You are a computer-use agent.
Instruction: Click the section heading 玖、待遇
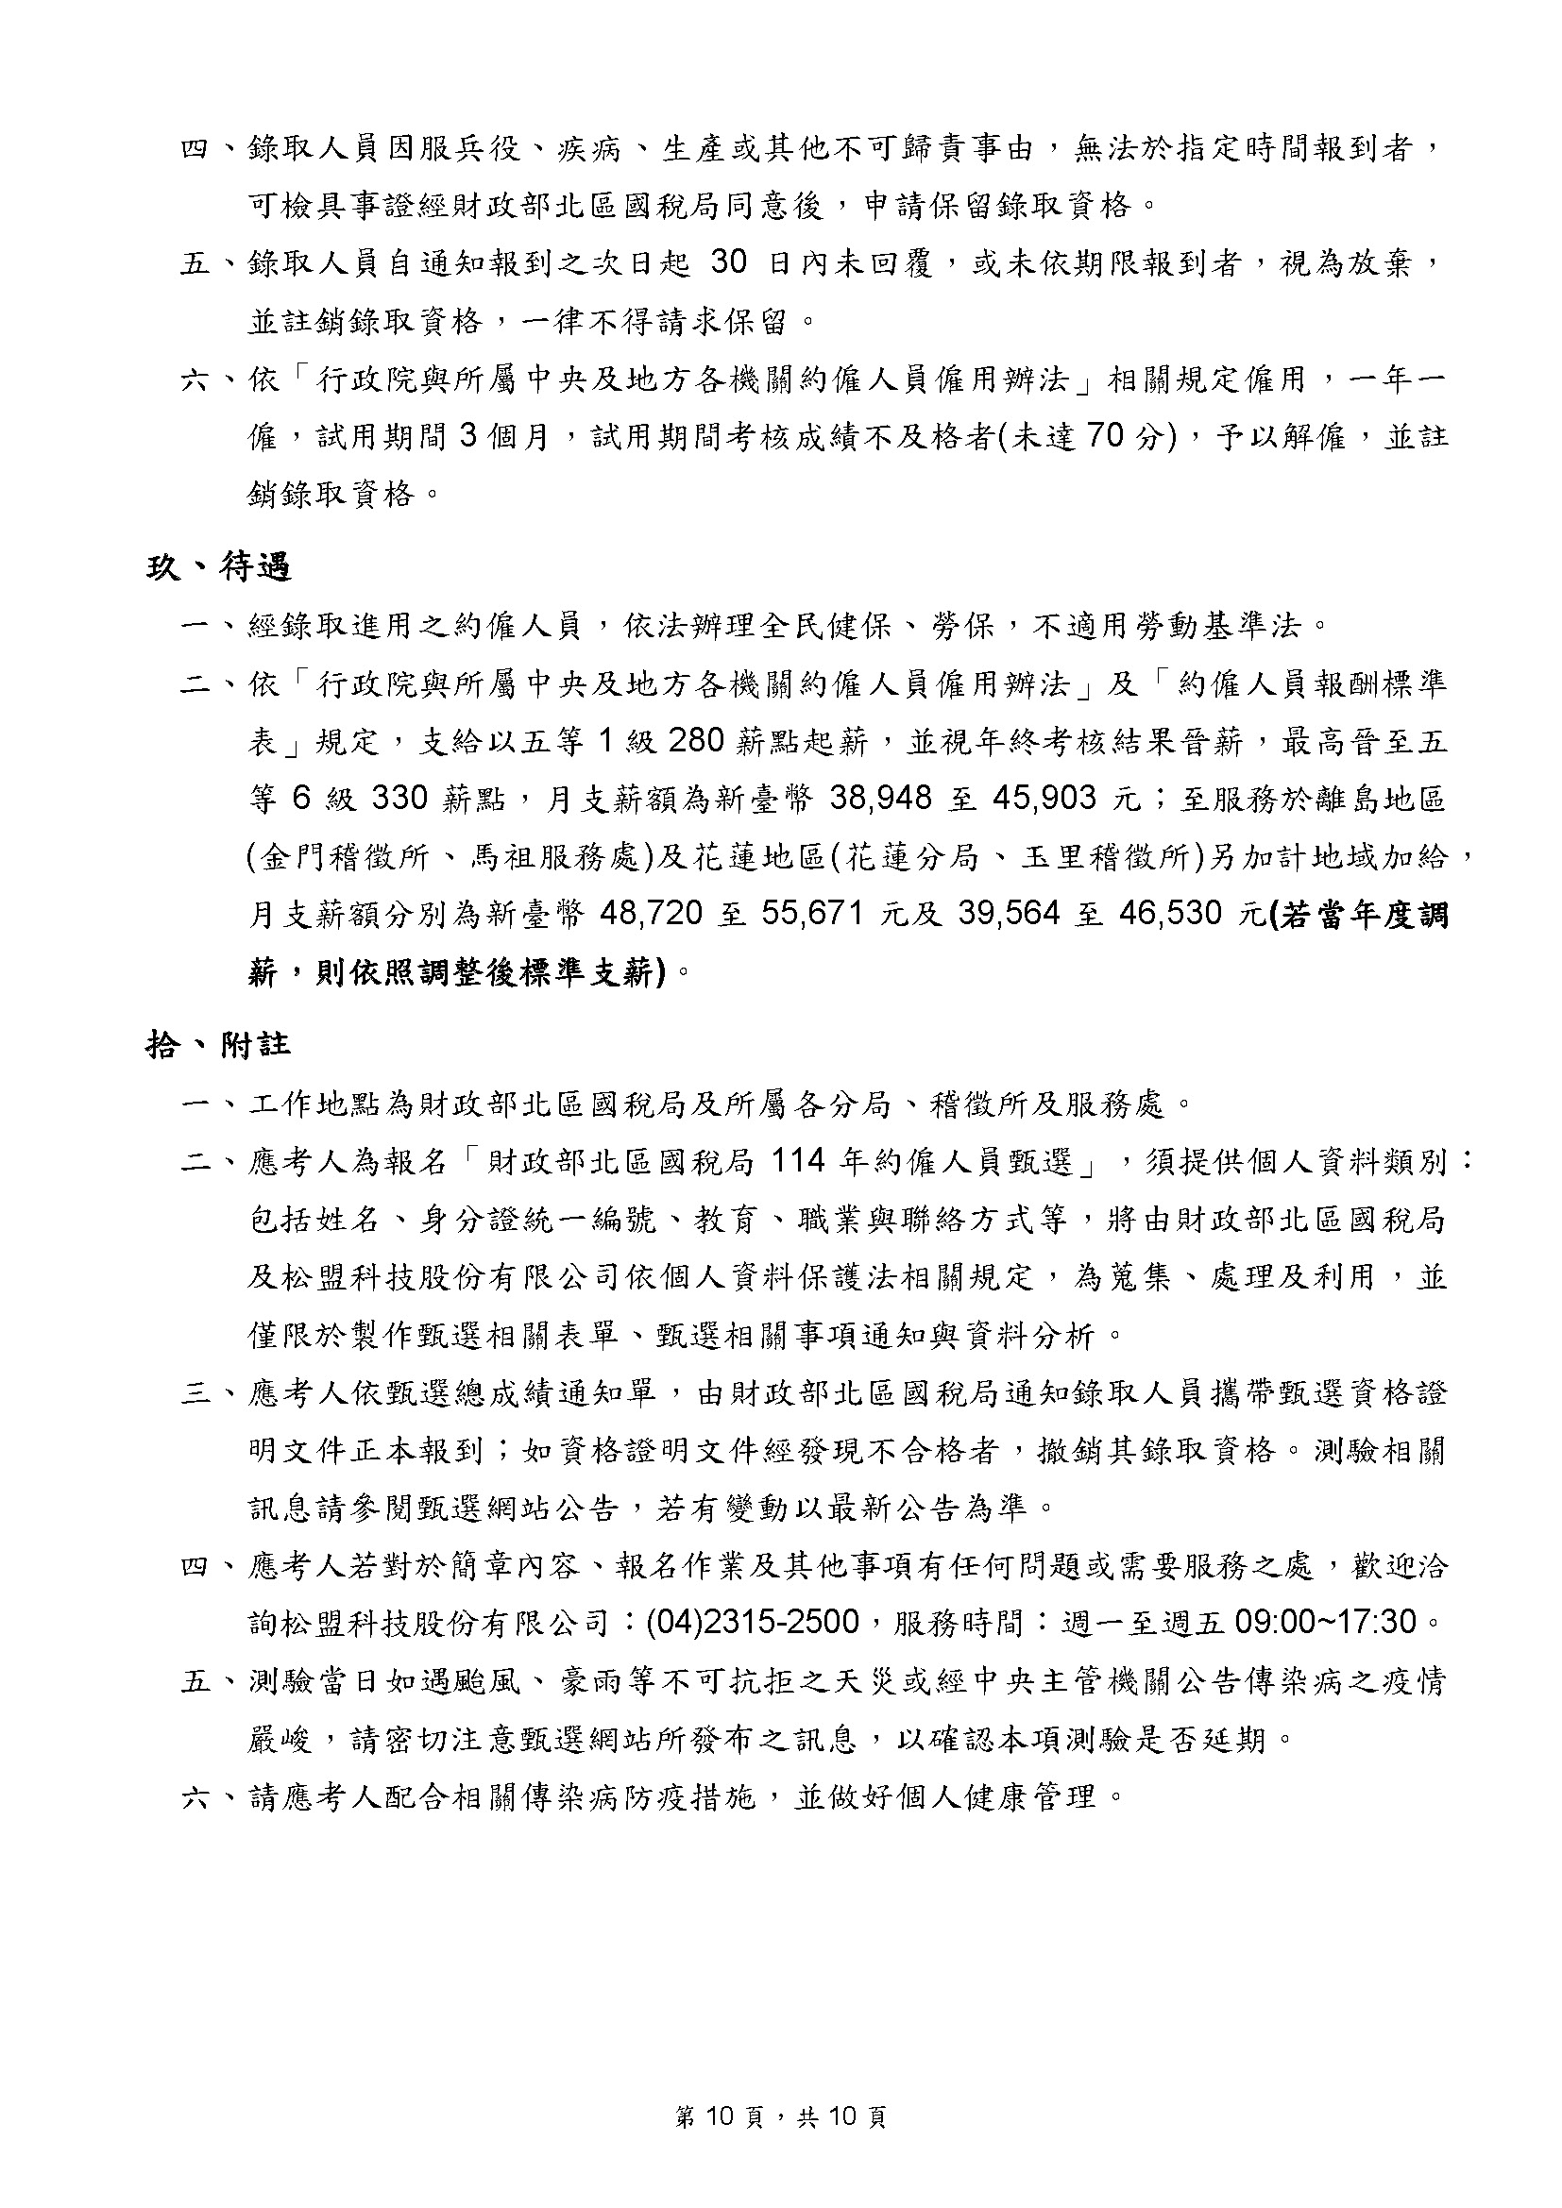tap(218, 567)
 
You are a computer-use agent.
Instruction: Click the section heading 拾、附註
tap(218, 1044)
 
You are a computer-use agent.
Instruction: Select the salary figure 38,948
tap(881, 799)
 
